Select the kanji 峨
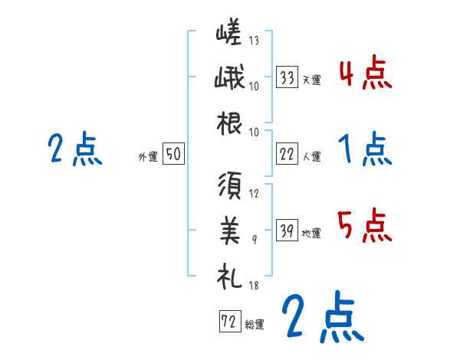point(229,80)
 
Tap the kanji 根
point(229,123)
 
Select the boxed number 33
point(287,77)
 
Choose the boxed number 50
point(173,154)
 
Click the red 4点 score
point(365,74)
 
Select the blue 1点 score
point(365,151)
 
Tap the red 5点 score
point(365,227)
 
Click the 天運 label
point(312,79)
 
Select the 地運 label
point(312,234)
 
